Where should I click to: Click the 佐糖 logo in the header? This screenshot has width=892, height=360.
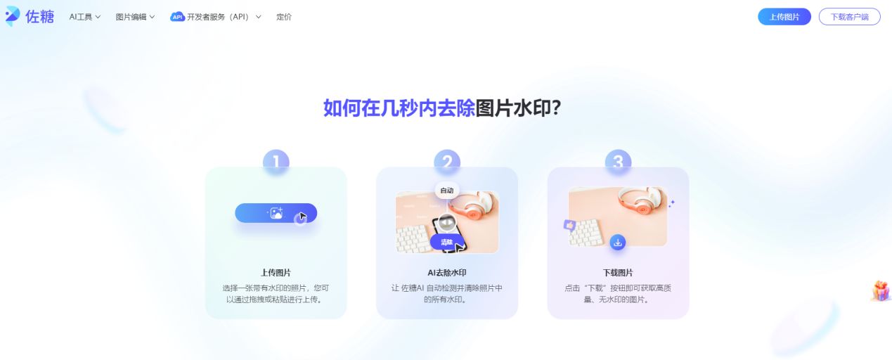[x=30, y=16]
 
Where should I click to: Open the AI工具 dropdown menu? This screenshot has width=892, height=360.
[x=85, y=17]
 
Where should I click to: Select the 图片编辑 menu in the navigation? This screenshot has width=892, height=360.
[x=135, y=17]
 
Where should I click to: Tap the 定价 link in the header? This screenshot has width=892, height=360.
[x=284, y=17]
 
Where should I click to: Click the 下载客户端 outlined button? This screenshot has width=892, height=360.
[x=849, y=17]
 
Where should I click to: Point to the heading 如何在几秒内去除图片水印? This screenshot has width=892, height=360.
[x=442, y=108]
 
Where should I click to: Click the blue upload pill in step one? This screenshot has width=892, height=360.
[x=276, y=213]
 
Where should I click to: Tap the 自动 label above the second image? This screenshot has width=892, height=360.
[x=447, y=191]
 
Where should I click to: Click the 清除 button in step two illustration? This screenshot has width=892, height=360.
[x=447, y=242]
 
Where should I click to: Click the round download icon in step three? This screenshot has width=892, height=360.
[x=618, y=242]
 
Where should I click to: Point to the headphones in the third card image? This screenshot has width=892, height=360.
[x=642, y=201]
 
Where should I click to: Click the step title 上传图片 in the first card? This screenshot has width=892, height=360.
[x=276, y=273]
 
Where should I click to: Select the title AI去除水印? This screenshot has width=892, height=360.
[x=447, y=273]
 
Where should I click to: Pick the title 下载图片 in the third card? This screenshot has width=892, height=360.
[x=618, y=273]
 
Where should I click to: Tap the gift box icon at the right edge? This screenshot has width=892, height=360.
[x=881, y=290]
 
